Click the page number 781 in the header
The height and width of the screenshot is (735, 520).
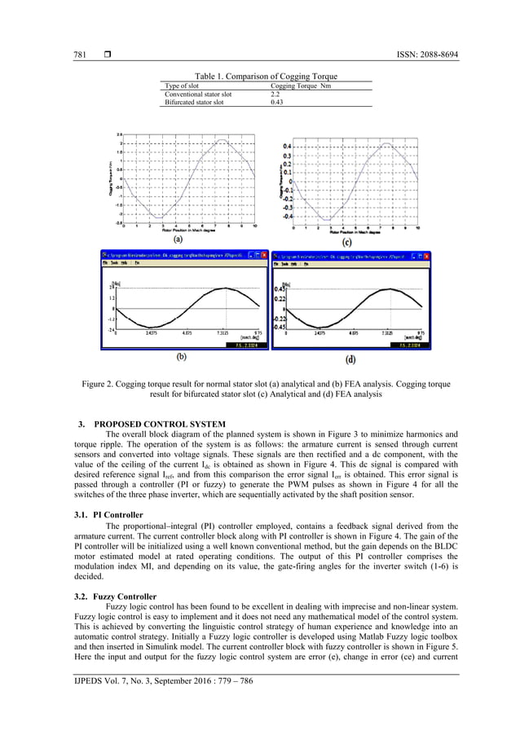pyautogui.click(x=71, y=55)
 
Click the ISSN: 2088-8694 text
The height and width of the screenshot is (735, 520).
pyautogui.click(x=420, y=55)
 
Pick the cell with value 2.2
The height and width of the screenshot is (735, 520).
pyautogui.click(x=275, y=95)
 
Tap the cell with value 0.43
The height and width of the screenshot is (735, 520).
pyautogui.click(x=275, y=103)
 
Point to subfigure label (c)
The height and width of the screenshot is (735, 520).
pyautogui.click(x=346, y=241)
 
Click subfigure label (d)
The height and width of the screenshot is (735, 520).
pyautogui.click(x=350, y=359)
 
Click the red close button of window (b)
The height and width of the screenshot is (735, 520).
pyautogui.click(x=262, y=254)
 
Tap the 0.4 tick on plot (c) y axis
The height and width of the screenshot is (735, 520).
pyautogui.click(x=287, y=146)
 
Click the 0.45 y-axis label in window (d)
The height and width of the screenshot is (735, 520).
pyautogui.click(x=279, y=289)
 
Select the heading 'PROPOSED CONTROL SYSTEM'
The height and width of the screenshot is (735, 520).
pyautogui.click(x=159, y=425)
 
